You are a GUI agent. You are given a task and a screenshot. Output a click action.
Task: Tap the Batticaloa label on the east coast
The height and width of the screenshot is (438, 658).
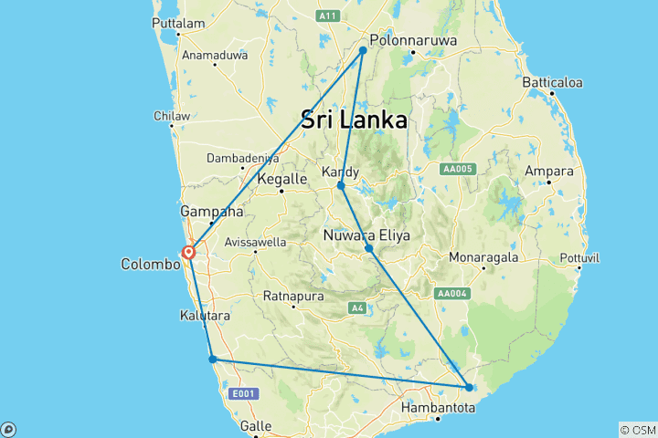[552, 82]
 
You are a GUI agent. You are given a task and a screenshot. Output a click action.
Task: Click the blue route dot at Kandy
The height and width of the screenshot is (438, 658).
[341, 185]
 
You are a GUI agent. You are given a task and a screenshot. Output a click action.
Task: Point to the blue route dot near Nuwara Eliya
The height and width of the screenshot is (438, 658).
[369, 248]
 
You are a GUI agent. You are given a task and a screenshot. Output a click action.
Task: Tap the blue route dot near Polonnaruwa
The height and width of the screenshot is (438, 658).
[363, 50]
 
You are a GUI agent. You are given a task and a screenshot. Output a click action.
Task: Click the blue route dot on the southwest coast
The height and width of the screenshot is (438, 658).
[213, 359]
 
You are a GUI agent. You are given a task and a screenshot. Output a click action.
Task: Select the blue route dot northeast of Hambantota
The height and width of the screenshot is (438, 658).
[469, 387]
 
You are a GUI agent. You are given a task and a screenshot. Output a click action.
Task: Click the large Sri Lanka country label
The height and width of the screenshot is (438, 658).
[354, 120]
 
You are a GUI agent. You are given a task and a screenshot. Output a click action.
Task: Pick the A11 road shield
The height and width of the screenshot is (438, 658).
[328, 16]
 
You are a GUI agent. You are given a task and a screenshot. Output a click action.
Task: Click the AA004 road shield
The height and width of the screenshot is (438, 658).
[453, 293]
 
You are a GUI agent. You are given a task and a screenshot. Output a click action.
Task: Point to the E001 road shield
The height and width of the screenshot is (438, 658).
[243, 393]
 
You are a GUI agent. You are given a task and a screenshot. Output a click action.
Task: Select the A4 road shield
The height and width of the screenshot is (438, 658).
[358, 308]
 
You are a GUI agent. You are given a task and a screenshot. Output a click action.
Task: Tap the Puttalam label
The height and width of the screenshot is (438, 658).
[178, 22]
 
